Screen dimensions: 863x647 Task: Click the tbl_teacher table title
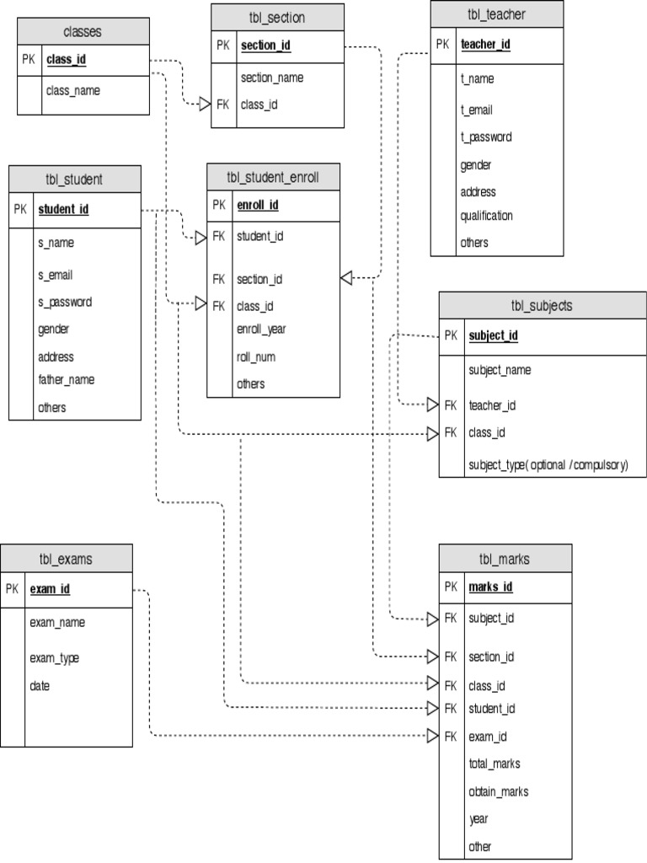tap(496, 14)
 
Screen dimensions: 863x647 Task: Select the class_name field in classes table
tap(73, 90)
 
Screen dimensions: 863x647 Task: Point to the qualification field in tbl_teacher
tap(486, 216)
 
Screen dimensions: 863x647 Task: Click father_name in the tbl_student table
tap(66, 379)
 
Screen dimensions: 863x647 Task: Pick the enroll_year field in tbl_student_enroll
tap(261, 329)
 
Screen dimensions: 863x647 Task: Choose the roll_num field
tap(256, 356)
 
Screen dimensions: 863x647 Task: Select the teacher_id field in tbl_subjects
tap(492, 405)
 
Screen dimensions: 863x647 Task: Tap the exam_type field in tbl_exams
tap(55, 657)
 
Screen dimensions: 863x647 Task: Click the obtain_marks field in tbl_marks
tap(499, 791)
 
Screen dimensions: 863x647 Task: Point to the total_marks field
tap(495, 764)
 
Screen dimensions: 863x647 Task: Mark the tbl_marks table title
tap(505, 558)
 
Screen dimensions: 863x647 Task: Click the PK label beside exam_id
tap(12, 589)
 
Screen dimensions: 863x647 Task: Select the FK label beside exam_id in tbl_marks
tap(451, 737)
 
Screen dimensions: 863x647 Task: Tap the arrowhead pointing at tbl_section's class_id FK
tap(205, 105)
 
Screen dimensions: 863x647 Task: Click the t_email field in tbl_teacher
tap(476, 110)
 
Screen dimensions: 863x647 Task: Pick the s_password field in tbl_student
tap(65, 302)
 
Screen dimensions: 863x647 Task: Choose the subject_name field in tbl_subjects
tap(500, 370)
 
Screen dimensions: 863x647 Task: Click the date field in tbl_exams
tap(40, 686)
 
